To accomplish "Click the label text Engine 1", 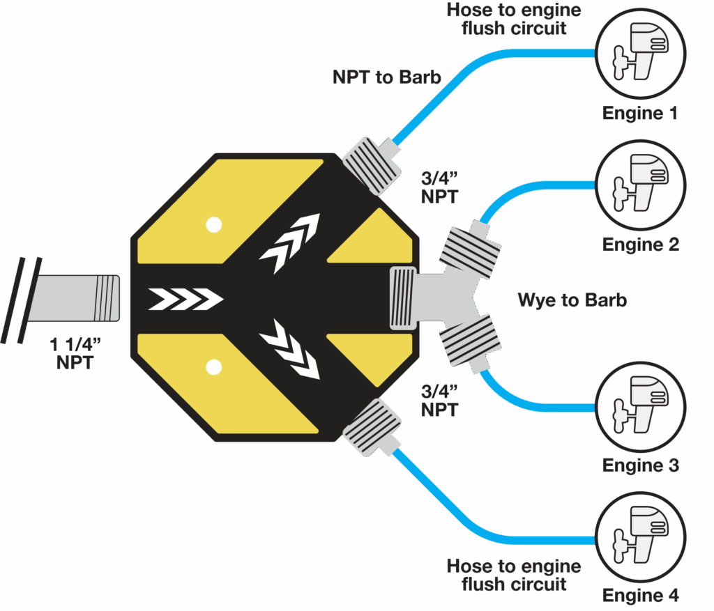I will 639,113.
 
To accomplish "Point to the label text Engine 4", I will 639,596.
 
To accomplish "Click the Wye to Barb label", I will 572,300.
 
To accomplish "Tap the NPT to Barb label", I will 387,77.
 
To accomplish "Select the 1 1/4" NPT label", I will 75,353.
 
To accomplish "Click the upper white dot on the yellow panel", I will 213,224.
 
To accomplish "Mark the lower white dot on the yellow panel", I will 213,366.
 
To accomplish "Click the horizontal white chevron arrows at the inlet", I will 185,300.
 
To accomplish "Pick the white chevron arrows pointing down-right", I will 289,352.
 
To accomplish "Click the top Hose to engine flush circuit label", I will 513,20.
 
